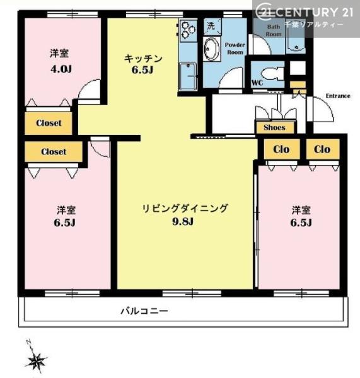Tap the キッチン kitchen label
click(x=142, y=59)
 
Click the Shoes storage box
click(x=274, y=127)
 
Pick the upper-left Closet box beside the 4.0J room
click(x=49, y=123)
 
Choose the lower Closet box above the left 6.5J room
click(x=54, y=152)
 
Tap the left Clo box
click(x=281, y=150)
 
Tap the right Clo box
click(x=322, y=150)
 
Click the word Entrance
click(x=337, y=96)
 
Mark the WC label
click(x=257, y=83)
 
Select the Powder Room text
click(x=235, y=49)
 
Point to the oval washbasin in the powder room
click(x=212, y=49)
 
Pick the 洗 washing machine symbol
click(x=211, y=27)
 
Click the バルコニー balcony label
click(x=144, y=311)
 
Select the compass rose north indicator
click(x=36, y=360)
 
